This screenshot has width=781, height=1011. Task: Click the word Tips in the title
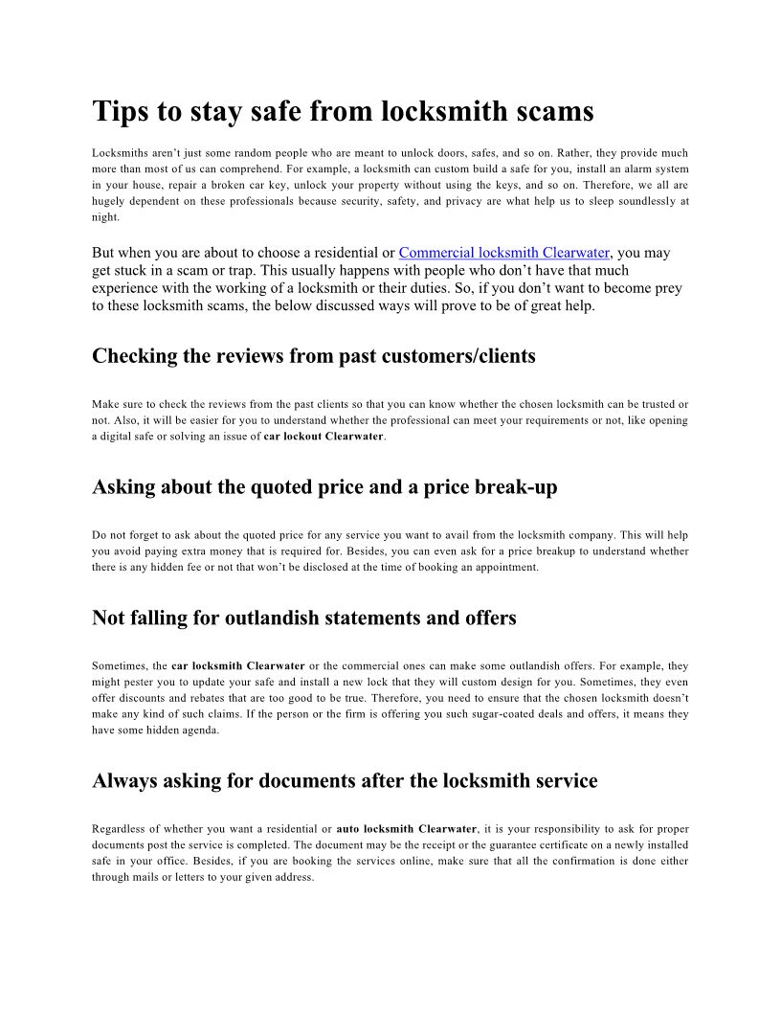click(x=120, y=112)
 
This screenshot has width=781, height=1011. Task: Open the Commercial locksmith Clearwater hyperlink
click(x=503, y=253)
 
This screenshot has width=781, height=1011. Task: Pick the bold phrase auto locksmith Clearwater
click(x=407, y=829)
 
